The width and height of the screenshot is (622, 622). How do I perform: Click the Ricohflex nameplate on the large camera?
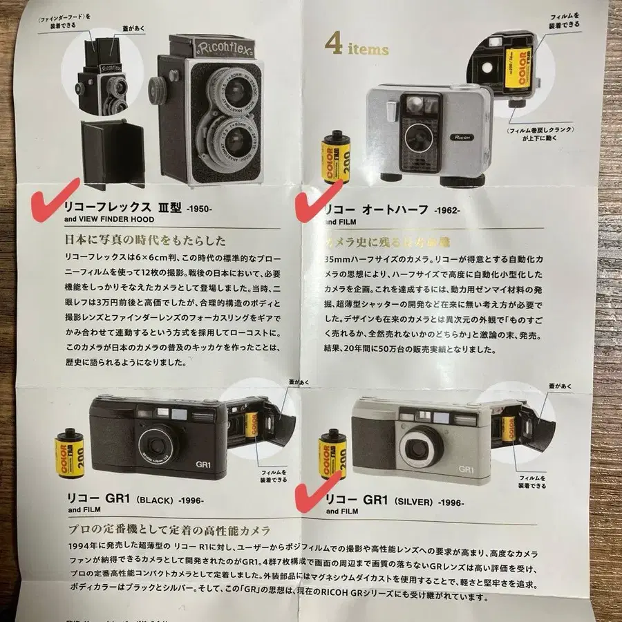[x=207, y=49]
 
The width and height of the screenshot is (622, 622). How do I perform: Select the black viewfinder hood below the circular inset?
[x=112, y=153]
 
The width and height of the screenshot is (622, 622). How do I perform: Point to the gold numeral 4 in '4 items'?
[x=334, y=46]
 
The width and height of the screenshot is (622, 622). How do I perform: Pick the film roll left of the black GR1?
[x=70, y=454]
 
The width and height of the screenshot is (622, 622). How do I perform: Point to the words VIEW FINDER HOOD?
[x=108, y=219]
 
